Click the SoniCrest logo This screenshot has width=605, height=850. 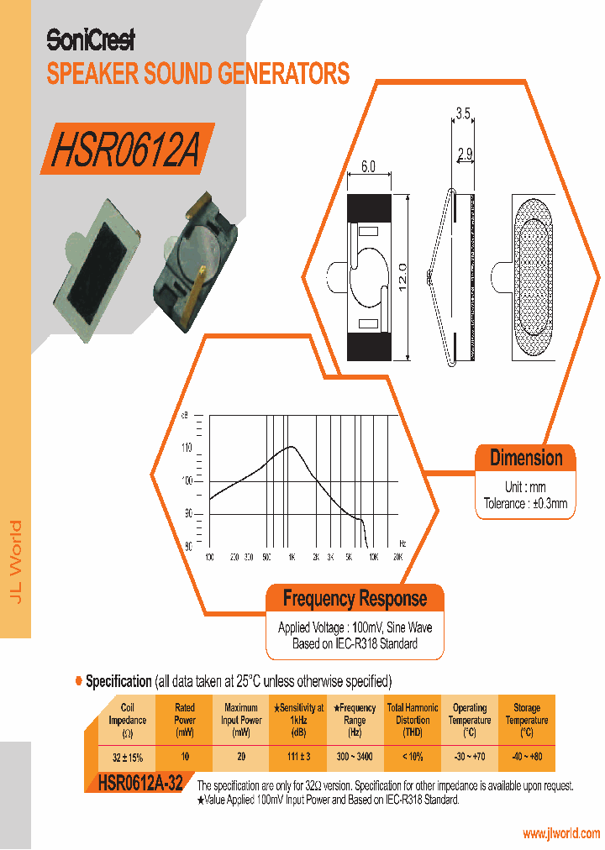point(91,39)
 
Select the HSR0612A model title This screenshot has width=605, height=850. point(125,150)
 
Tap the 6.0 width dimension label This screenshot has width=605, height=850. point(368,166)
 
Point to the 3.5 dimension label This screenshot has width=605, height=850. point(463,113)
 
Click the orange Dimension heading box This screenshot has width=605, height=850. point(526,459)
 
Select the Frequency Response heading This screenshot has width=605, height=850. point(355,599)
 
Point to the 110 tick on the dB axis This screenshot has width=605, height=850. point(187,448)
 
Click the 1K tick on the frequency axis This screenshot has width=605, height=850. point(291,557)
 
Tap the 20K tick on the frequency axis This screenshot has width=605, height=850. point(397,557)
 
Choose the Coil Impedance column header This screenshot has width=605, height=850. point(128,720)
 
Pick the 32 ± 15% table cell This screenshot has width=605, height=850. point(128,757)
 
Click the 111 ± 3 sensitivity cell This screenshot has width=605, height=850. point(298,757)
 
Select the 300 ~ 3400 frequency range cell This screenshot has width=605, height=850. point(355,757)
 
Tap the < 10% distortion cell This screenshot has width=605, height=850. point(412,757)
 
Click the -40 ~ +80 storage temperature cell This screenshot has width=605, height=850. point(527,757)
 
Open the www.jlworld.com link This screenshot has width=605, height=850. point(560,834)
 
